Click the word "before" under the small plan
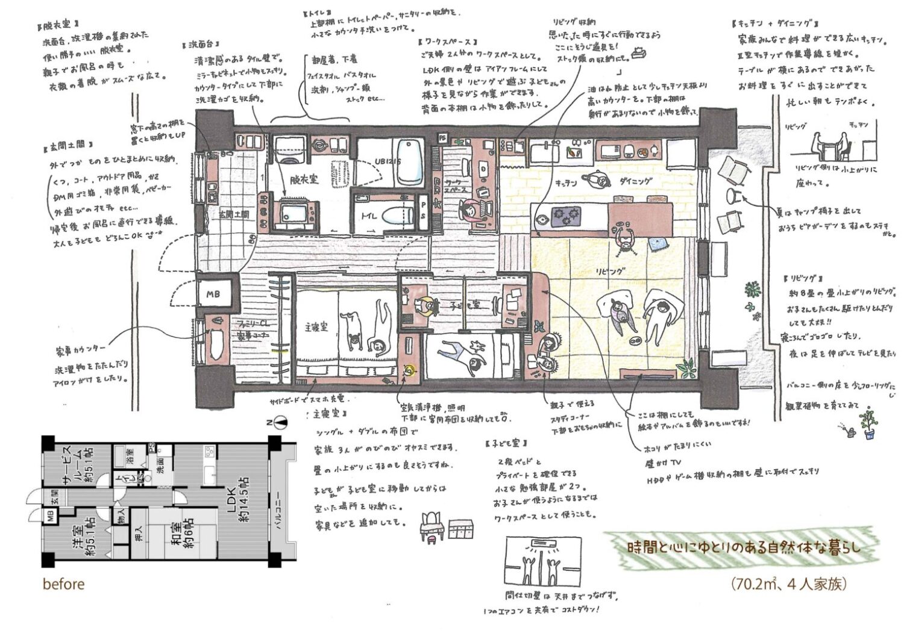click(63, 584)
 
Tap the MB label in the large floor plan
click(214, 295)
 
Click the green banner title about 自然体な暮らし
click(744, 548)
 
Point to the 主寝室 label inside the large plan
click(315, 327)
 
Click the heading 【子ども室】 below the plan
click(505, 443)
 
